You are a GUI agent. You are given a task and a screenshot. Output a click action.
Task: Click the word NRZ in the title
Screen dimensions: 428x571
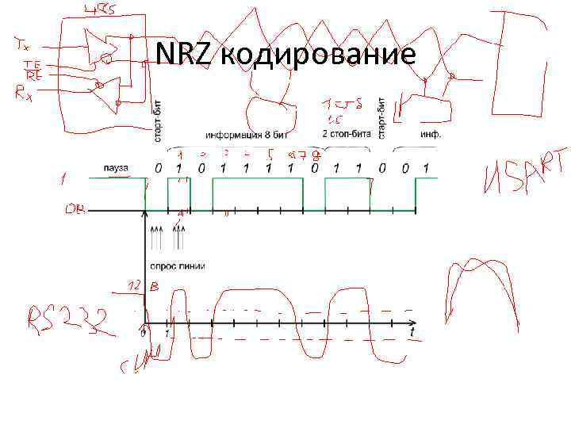pyautogui.click(x=183, y=53)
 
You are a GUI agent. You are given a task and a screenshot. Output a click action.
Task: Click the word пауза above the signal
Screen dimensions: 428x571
pyautogui.click(x=116, y=167)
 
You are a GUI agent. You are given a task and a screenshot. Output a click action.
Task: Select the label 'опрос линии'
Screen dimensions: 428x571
pyautogui.click(x=172, y=263)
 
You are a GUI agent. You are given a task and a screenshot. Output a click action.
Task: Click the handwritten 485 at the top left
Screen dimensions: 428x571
pyautogui.click(x=98, y=10)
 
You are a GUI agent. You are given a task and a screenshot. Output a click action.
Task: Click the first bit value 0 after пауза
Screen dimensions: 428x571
pyautogui.click(x=159, y=168)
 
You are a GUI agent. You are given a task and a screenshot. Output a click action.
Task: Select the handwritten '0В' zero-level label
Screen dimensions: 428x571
pyautogui.click(x=76, y=211)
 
